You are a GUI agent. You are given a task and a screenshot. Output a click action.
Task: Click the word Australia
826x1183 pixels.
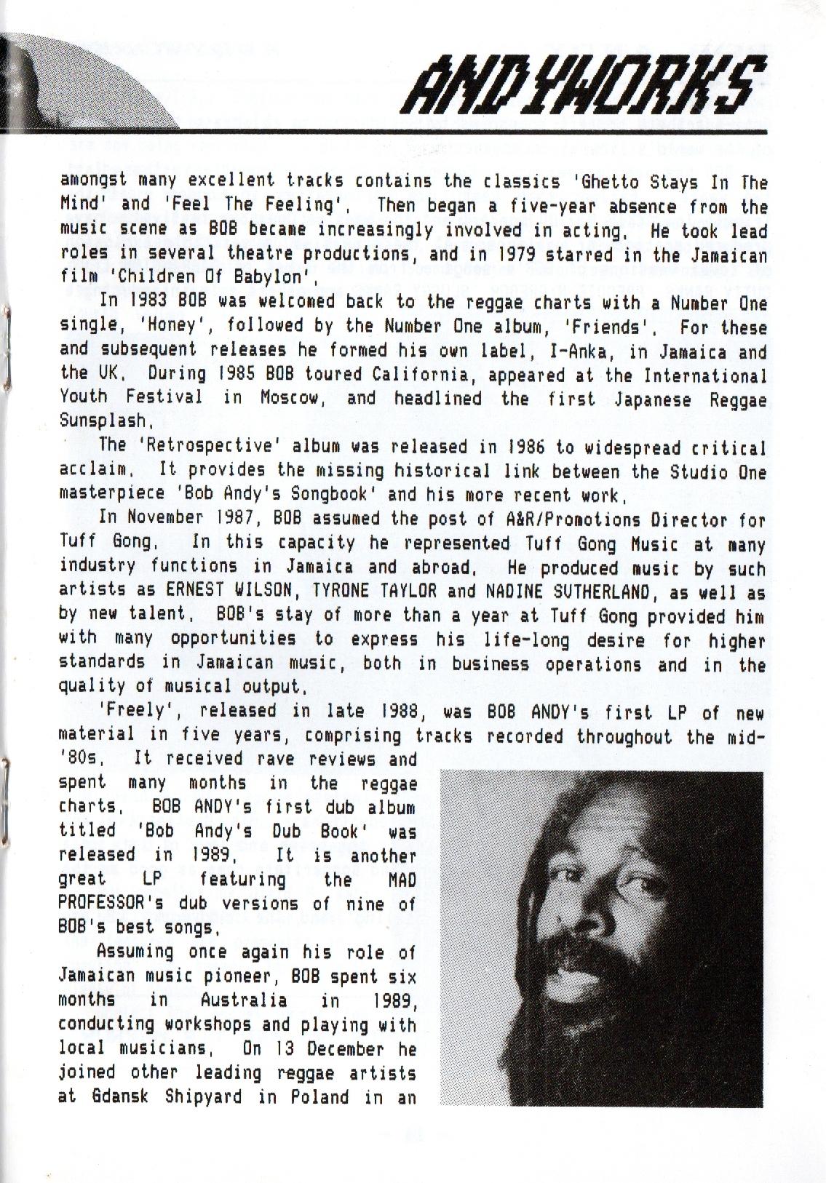[x=244, y=1000]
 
